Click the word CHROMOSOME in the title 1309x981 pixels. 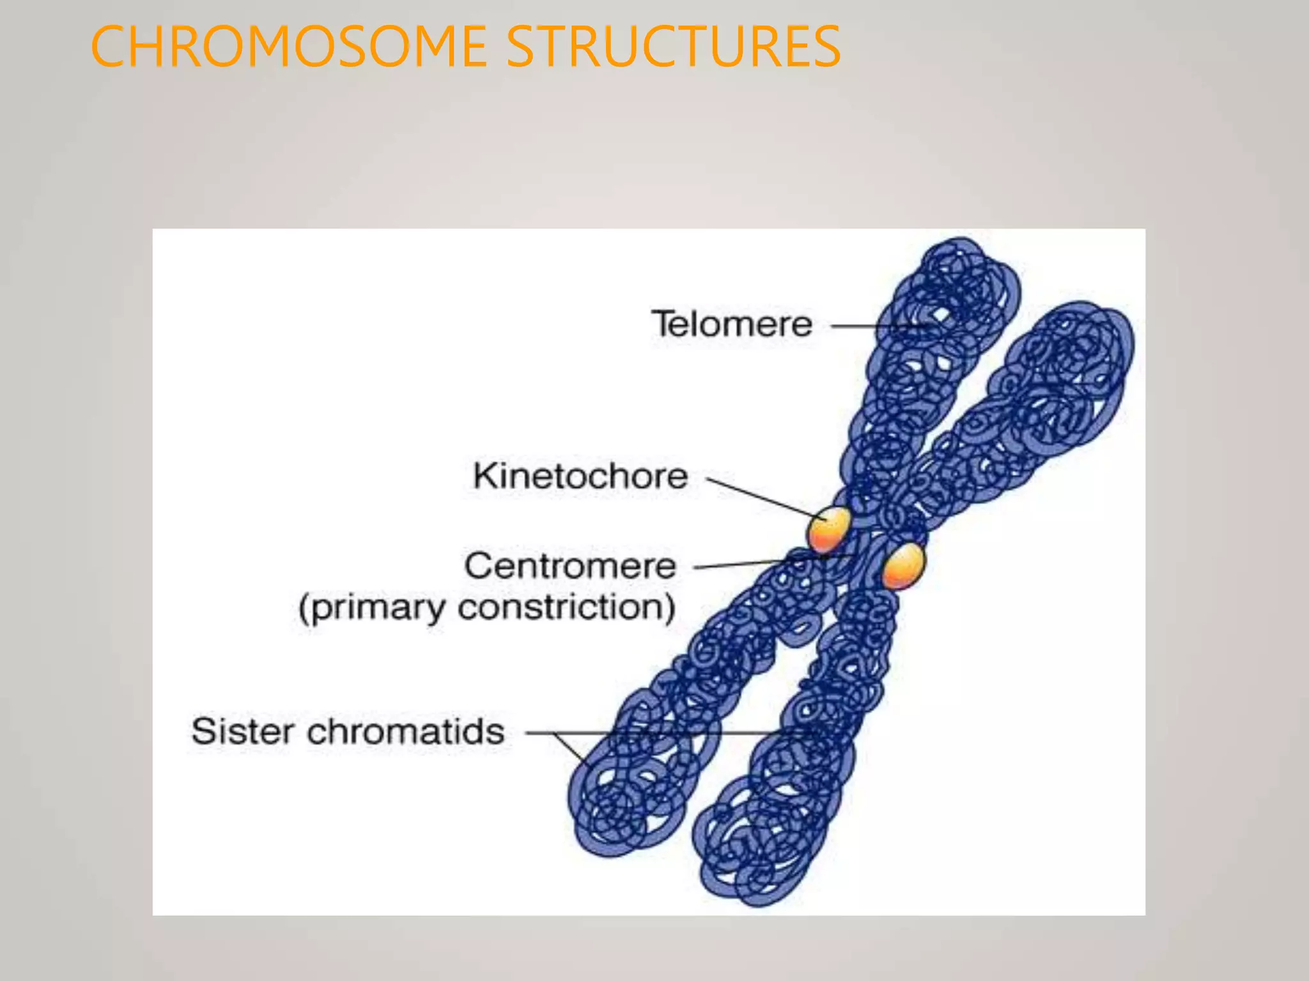point(288,46)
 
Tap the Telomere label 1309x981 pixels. point(731,324)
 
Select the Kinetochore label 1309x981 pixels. point(580,476)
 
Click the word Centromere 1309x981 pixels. point(569,566)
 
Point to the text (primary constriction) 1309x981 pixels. point(486,607)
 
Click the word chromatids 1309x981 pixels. point(405,731)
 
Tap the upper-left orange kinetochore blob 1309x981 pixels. point(829,529)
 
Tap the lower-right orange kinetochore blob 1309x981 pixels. point(902,565)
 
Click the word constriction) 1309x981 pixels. point(566,607)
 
